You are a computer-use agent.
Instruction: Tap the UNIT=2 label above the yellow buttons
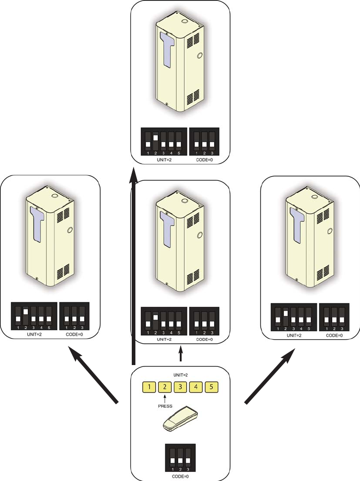[x=180, y=375]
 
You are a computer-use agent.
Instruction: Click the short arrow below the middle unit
[x=181, y=353]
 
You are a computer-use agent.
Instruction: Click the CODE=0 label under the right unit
[x=334, y=336]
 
